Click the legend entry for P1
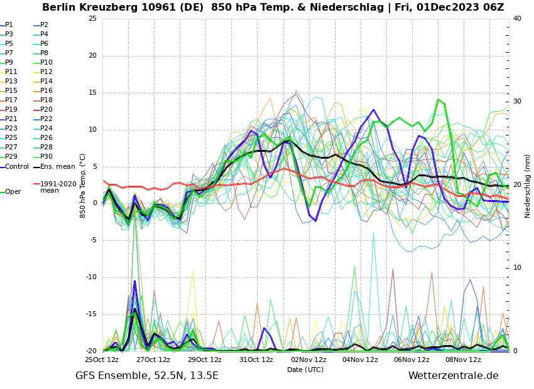pos(9,25)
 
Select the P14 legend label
pos(46,82)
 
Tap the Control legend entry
pos(16,166)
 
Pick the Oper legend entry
pos(13,191)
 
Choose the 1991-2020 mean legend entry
pos(58,187)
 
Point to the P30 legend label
pos(46,157)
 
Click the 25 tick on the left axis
pos(92,19)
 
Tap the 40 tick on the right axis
pos(517,19)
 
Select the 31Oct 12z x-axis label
pos(256,360)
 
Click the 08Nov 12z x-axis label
pos(463,360)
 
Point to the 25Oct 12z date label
pos(102,360)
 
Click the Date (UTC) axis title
pos(305,370)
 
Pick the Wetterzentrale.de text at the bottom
pos(453,376)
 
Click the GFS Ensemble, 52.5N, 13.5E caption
pos(147,376)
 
